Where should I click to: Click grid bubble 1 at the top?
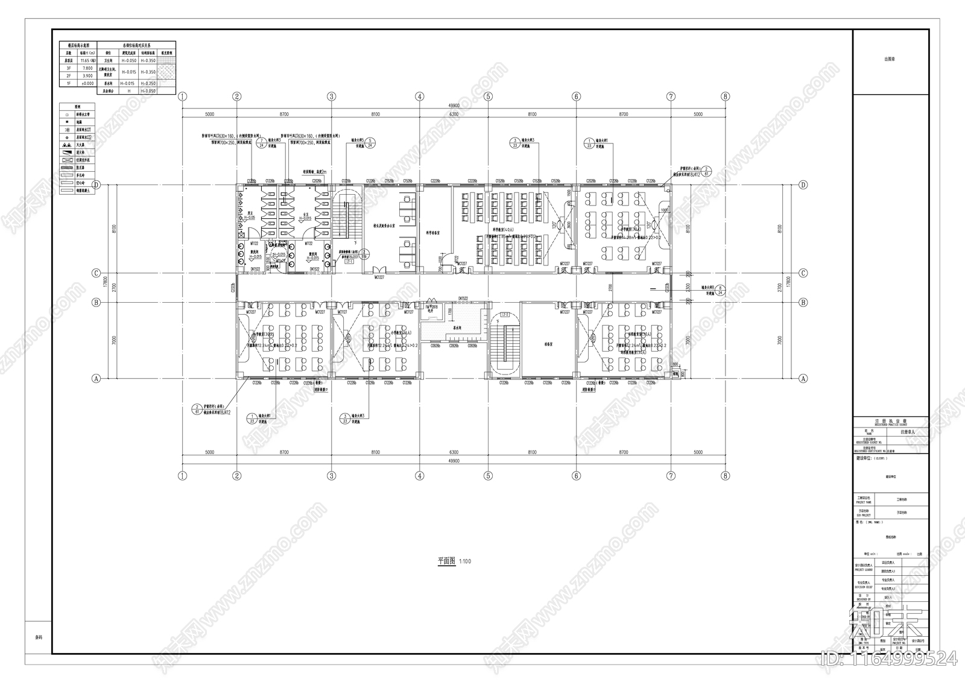[x=183, y=96]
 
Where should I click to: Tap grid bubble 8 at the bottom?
[x=726, y=476]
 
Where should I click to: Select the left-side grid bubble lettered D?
[x=95, y=185]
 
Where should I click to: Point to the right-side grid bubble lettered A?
[x=803, y=379]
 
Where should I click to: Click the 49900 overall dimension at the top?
[x=454, y=106]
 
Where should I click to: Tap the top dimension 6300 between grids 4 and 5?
[x=454, y=114]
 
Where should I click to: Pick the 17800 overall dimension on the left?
[x=106, y=282]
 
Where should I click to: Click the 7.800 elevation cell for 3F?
[x=86, y=68]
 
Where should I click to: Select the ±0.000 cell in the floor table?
[x=86, y=83]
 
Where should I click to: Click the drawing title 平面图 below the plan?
[x=446, y=561]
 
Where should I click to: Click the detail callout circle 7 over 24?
[x=260, y=142]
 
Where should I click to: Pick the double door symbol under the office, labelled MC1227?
[x=379, y=271]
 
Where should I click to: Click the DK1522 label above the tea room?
[x=463, y=298]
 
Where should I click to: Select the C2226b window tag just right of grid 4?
[x=435, y=181]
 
